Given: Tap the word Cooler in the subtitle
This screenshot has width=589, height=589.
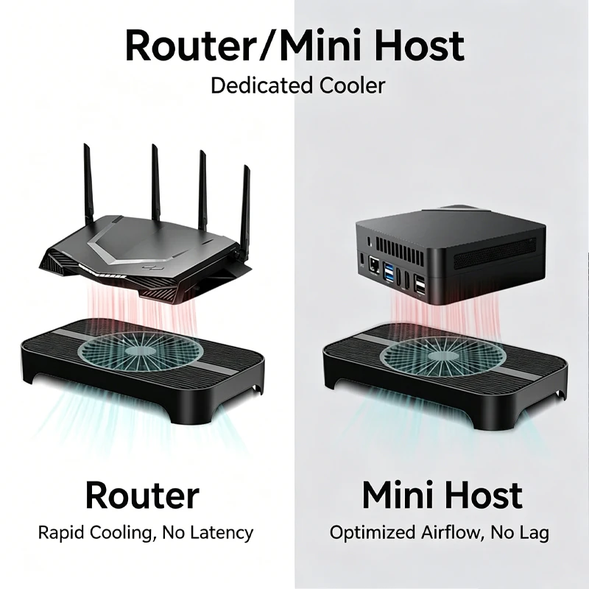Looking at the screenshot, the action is (x=353, y=85).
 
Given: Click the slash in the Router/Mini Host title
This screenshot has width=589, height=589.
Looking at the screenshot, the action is (x=266, y=46).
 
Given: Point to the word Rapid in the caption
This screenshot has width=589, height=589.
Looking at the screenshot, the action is (x=61, y=532).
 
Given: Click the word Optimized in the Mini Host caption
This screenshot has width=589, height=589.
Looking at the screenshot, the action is (x=373, y=532).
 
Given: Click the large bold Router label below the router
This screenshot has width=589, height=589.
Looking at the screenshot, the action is (x=142, y=495).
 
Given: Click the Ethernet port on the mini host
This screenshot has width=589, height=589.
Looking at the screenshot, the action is (x=375, y=265).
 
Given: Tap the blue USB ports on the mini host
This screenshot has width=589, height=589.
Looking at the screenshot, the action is (x=389, y=272).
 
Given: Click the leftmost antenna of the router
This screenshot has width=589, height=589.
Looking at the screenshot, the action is (x=88, y=183).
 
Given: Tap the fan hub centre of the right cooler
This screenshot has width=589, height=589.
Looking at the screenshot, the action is (x=442, y=355).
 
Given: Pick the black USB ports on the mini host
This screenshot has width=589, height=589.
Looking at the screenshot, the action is (x=420, y=284).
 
